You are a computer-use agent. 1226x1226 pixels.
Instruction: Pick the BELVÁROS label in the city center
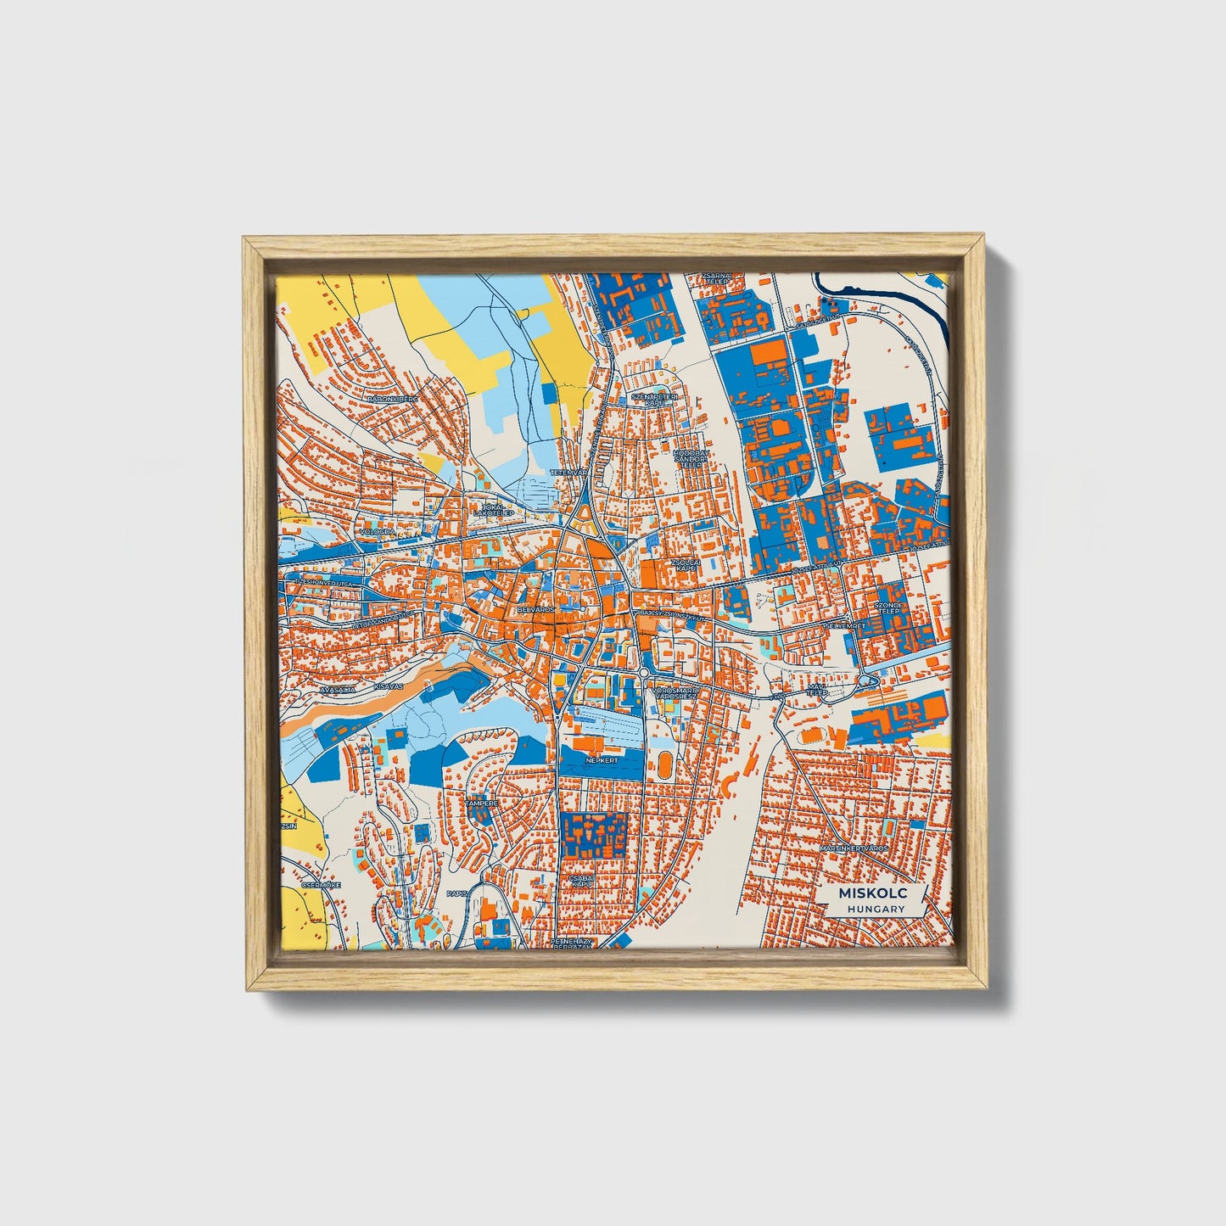535,609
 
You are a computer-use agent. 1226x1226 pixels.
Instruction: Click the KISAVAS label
388,684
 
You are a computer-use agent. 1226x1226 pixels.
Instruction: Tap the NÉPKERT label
600,761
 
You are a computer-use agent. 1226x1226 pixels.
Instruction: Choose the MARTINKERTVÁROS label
854,848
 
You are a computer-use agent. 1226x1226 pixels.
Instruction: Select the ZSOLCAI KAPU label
685,564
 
